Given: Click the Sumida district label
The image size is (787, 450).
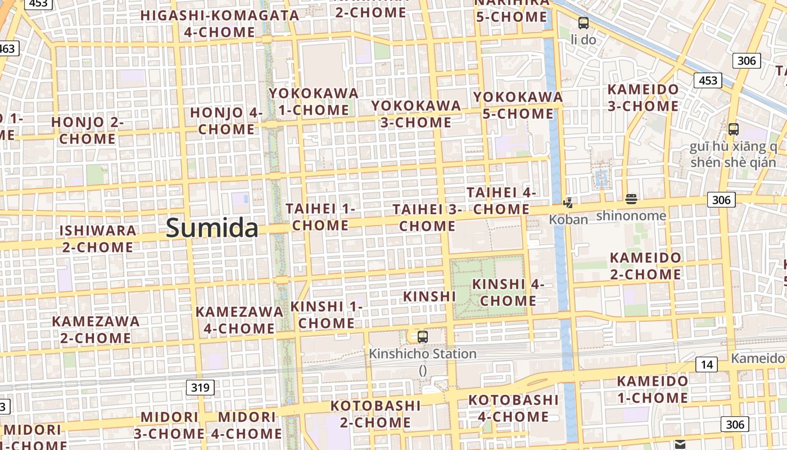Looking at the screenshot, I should [212, 228].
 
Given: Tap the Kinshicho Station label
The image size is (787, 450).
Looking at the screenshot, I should [422, 354].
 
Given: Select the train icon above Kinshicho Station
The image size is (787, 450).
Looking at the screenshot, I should [423, 337].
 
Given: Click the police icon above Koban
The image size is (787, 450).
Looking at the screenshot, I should [568, 203].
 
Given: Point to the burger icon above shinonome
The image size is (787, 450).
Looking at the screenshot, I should [631, 199].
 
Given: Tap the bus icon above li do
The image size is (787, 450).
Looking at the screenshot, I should [584, 23].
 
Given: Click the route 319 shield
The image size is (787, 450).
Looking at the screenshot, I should [200, 387].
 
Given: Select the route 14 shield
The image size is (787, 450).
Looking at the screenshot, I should [707, 364].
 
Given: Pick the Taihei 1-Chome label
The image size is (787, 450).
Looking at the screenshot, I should [321, 217].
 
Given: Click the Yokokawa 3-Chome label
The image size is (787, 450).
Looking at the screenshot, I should [416, 114].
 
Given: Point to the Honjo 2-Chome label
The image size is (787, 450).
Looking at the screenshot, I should [87, 130].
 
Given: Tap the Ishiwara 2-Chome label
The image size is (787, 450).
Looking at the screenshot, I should [98, 238].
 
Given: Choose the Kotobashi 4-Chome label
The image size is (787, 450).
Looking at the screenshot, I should [513, 408].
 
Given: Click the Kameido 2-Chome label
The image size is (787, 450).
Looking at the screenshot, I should [645, 266].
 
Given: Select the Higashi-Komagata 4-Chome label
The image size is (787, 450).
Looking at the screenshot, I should [220, 24].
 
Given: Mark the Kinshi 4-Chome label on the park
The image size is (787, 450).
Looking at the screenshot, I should [508, 292].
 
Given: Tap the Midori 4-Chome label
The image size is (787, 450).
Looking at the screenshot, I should [247, 425].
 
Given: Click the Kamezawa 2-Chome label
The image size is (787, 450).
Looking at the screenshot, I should [96, 330].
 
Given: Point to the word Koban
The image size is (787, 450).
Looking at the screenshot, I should [568, 219].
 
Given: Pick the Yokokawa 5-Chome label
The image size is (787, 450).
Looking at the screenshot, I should [518, 105].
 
